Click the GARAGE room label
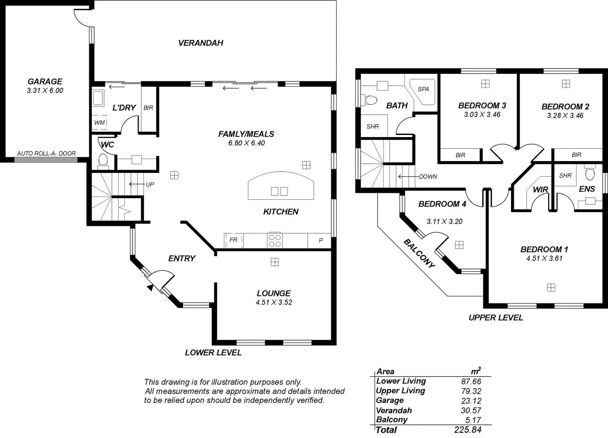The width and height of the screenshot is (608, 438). (45, 81)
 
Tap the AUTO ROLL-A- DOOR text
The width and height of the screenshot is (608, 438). (46, 153)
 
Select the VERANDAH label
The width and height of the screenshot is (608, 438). (201, 43)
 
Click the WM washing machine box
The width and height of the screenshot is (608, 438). (100, 123)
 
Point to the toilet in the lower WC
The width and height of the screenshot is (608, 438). (102, 161)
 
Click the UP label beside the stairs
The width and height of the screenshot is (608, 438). (150, 185)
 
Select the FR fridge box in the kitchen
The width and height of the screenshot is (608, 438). (233, 240)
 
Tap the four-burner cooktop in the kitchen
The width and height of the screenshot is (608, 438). (275, 240)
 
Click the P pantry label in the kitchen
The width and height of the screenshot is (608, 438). (321, 240)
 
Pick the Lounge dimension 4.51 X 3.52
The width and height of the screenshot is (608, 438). (274, 302)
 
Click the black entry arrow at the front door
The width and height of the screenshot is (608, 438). (150, 288)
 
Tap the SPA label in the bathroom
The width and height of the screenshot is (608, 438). (423, 89)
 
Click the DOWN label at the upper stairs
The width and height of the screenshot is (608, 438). (428, 177)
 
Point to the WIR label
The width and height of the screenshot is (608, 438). (540, 189)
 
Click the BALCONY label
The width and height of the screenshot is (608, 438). (419, 253)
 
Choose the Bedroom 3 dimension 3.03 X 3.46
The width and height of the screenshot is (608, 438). (482, 115)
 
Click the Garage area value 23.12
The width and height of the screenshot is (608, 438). (471, 400)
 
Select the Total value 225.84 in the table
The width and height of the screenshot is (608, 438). (468, 430)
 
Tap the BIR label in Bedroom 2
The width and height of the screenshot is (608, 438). (577, 155)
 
